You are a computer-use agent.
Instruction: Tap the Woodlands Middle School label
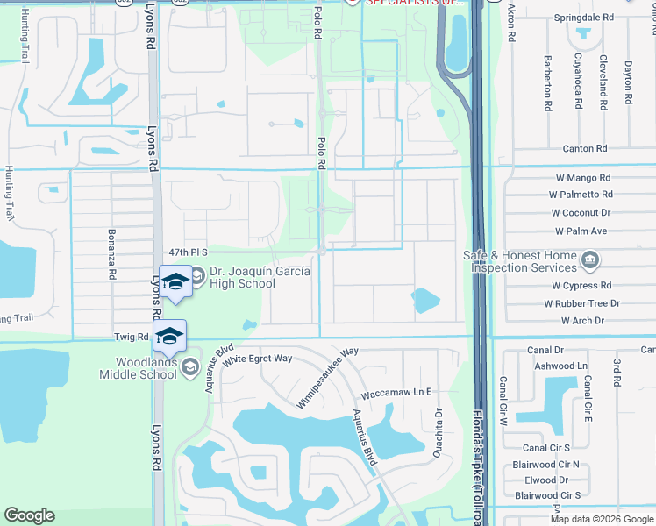145,368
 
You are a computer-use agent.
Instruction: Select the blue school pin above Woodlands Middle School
169,336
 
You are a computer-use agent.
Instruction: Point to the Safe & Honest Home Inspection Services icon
590,259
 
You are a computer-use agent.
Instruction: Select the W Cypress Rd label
581,286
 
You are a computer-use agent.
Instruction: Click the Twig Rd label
131,337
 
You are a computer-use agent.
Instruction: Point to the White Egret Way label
257,359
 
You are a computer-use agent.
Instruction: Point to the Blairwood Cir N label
548,464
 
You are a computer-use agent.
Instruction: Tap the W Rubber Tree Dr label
581,303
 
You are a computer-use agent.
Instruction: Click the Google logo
29,515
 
